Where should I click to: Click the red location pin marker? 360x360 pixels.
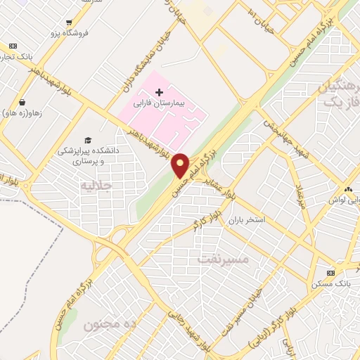tap(181, 165)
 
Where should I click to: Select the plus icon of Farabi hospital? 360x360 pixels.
tap(159, 92)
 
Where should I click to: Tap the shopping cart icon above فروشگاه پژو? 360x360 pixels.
tap(67, 23)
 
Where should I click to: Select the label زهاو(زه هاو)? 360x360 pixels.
tap(22, 112)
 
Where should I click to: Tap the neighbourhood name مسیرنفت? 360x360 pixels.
tap(224, 258)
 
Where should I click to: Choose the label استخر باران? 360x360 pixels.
tap(245, 220)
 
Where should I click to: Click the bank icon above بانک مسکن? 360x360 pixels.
tap(331, 272)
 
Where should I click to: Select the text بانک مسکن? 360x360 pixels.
tap(330, 283)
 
